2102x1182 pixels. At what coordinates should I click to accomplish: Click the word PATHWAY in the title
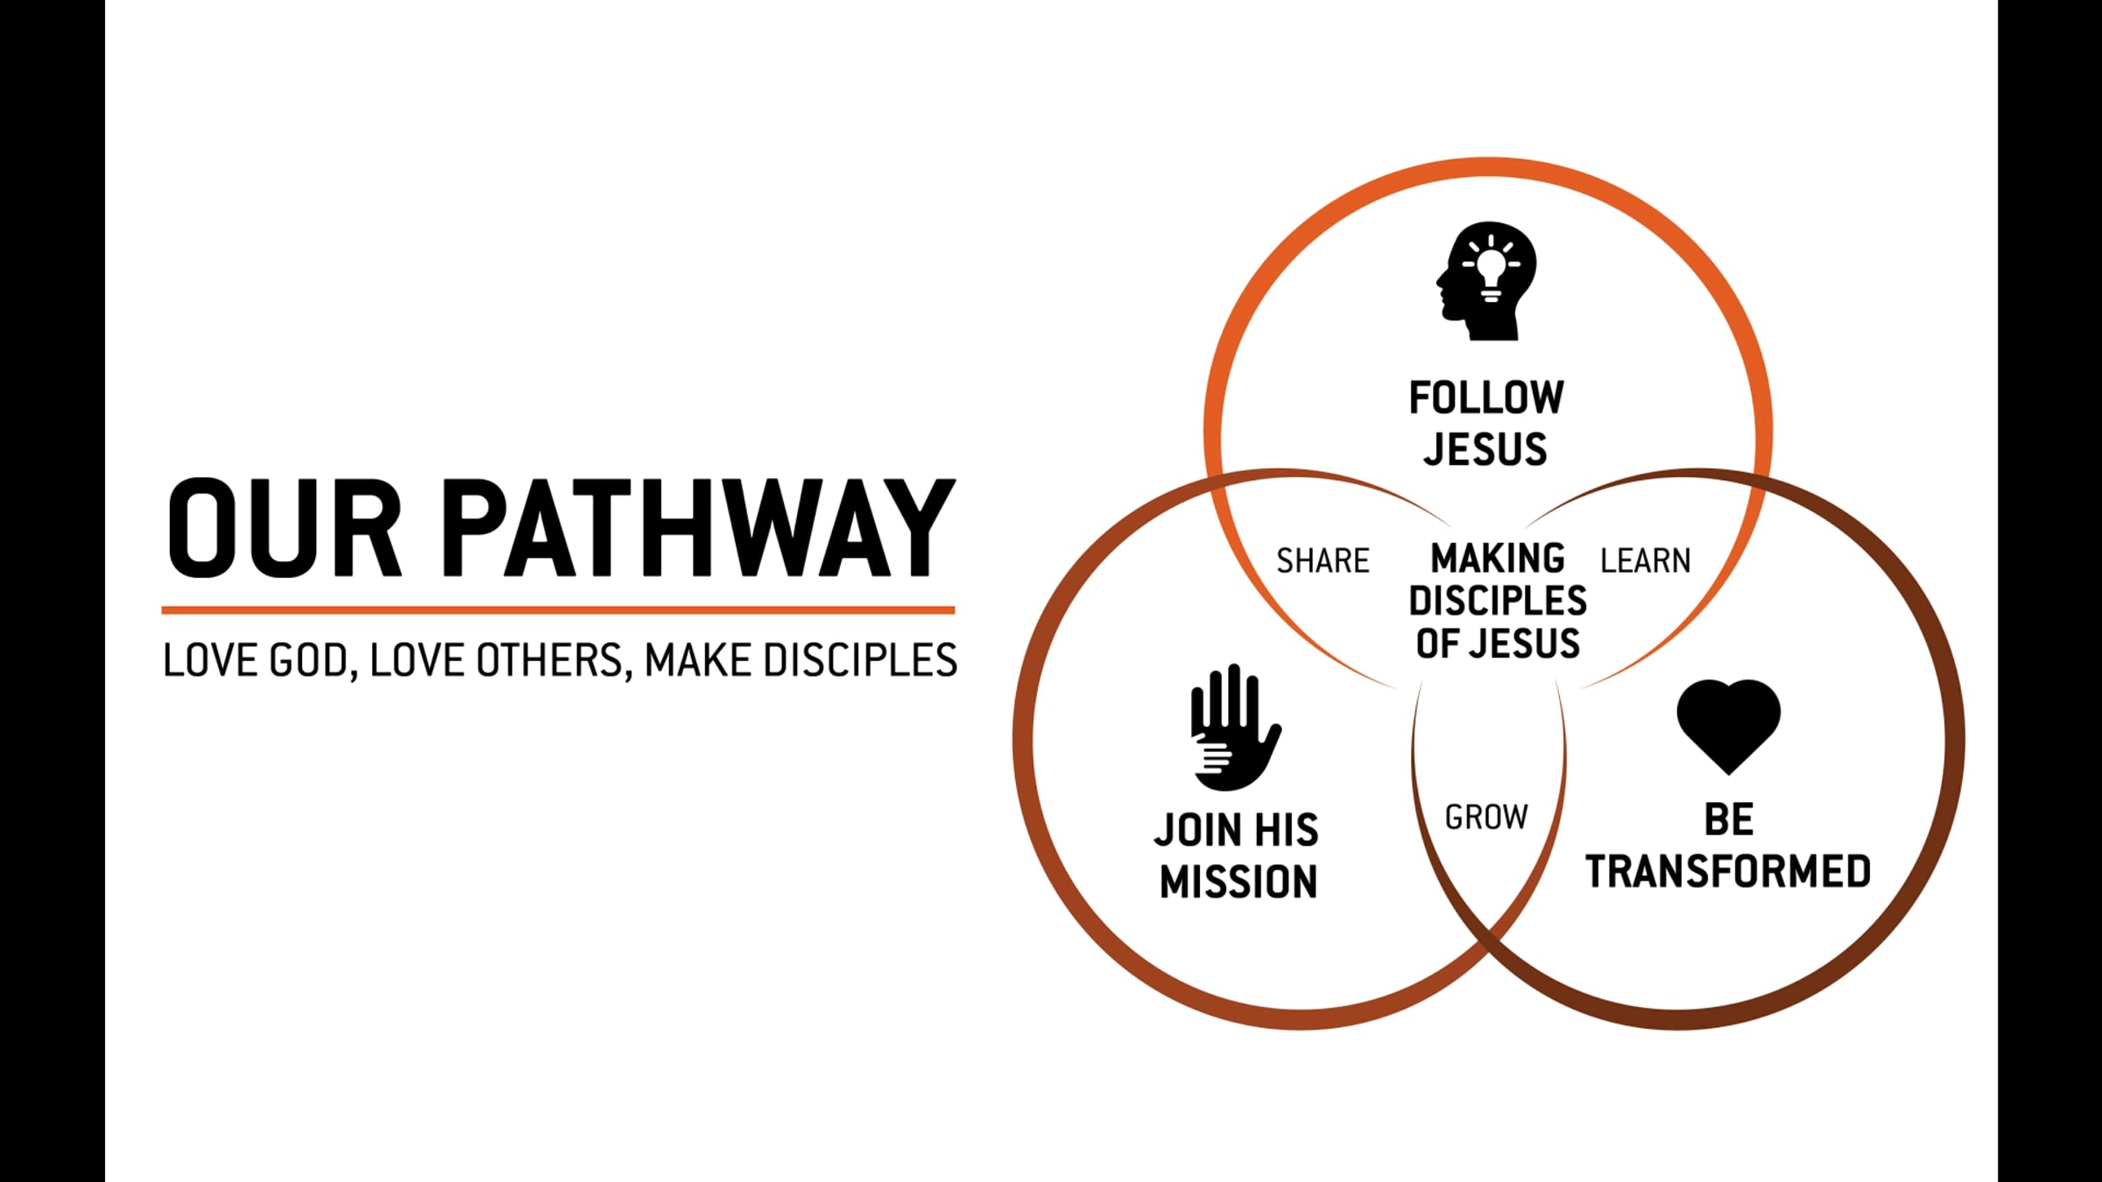click(x=699, y=528)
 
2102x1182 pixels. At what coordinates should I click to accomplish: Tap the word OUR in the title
click(x=285, y=528)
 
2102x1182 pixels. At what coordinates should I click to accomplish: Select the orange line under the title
click(x=558, y=609)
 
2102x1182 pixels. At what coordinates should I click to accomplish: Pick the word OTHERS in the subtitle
click(x=548, y=660)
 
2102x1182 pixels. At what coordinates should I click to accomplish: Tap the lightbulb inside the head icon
click(x=1491, y=266)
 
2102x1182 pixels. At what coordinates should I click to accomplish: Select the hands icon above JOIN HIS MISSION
click(x=1233, y=727)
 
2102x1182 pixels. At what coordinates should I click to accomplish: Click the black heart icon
click(x=1728, y=723)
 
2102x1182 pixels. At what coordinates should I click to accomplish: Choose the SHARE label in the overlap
click(x=1323, y=560)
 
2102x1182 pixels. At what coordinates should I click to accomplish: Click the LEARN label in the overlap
click(x=1645, y=560)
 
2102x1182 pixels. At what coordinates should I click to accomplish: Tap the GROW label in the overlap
click(x=1486, y=817)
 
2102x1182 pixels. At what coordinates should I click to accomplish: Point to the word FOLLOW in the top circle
click(x=1486, y=398)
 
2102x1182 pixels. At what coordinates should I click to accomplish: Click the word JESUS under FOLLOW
click(x=1485, y=449)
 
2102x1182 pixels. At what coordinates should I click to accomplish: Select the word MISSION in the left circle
click(x=1238, y=881)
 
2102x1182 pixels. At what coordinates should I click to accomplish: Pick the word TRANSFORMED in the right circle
click(x=1728, y=871)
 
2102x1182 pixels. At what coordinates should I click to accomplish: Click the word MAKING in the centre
click(x=1498, y=559)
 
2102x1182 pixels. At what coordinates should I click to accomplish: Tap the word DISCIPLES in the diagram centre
click(x=1498, y=601)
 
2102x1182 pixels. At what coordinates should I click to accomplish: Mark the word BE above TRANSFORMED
click(x=1729, y=820)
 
